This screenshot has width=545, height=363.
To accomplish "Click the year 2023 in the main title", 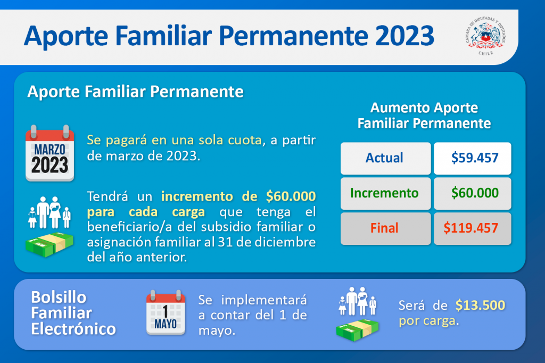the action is click(x=404, y=36).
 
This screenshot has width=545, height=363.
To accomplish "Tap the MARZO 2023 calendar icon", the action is click(x=49, y=153).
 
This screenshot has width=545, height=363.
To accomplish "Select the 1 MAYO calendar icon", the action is click(x=166, y=312).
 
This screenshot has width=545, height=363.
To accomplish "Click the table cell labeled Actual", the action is click(x=385, y=158).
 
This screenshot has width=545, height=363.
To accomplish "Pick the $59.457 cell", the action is click(x=473, y=158).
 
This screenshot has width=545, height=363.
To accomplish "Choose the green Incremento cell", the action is click(x=385, y=193).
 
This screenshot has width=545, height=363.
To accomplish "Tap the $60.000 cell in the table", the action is click(x=473, y=193).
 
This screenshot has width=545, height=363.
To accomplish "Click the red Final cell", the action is click(x=385, y=228).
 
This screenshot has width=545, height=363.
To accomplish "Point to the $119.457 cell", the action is click(x=473, y=228).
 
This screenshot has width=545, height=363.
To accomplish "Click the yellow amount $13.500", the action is click(x=481, y=306).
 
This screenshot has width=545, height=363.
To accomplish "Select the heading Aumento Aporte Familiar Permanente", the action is click(x=424, y=115).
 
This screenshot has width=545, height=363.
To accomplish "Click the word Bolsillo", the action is click(x=59, y=298).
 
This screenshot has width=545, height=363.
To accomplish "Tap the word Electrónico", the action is click(x=73, y=329).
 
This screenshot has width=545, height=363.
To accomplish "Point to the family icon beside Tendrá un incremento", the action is click(x=49, y=212).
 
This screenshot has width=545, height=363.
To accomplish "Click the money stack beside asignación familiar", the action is click(x=49, y=245).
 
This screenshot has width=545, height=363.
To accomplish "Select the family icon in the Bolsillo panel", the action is click(x=358, y=301).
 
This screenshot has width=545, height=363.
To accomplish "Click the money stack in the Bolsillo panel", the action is click(x=358, y=331).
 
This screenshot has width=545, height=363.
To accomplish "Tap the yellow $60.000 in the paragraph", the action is click(x=291, y=196).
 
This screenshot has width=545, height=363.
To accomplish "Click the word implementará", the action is click(x=264, y=300).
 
